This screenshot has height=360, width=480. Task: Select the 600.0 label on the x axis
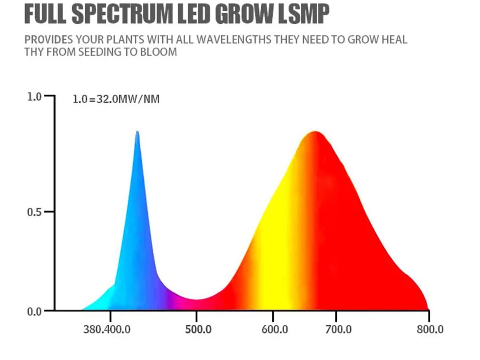275,330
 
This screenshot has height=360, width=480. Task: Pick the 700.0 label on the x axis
338,330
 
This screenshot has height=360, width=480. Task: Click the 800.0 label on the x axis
430,330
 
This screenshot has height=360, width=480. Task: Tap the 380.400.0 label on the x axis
107,330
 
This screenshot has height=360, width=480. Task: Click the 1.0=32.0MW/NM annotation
116,99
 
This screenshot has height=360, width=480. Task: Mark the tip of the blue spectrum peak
137,132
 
